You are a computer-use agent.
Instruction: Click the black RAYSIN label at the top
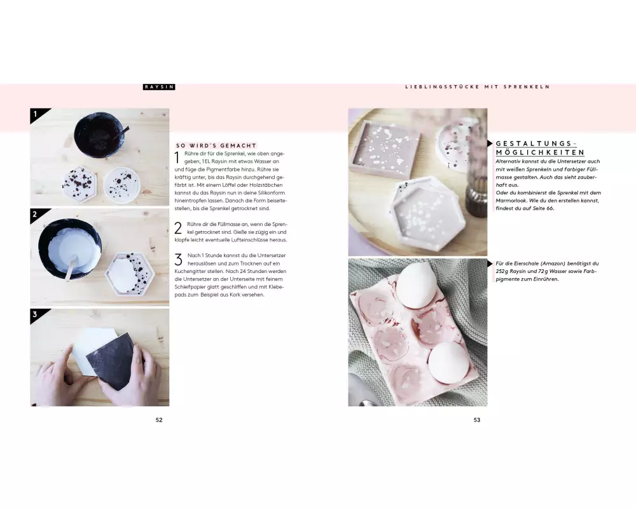point(159,87)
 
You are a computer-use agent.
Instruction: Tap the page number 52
point(159,420)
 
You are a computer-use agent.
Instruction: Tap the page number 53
point(477,420)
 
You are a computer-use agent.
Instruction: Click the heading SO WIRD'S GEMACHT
point(216,145)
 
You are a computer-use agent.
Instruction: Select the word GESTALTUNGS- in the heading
point(536,144)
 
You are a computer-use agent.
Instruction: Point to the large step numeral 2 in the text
point(178,228)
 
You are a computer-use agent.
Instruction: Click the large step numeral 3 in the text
point(179,260)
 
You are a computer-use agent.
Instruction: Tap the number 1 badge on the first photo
point(36,114)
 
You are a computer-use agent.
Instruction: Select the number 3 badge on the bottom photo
point(35,314)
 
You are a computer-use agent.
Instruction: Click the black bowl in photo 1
point(99,133)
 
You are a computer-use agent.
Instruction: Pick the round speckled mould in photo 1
point(121,185)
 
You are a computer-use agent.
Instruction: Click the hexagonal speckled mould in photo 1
point(79,184)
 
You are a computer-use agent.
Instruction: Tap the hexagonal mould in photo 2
point(130,273)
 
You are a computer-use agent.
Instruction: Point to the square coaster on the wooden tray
point(385,150)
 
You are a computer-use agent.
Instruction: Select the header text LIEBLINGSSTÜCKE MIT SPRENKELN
point(478,87)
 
